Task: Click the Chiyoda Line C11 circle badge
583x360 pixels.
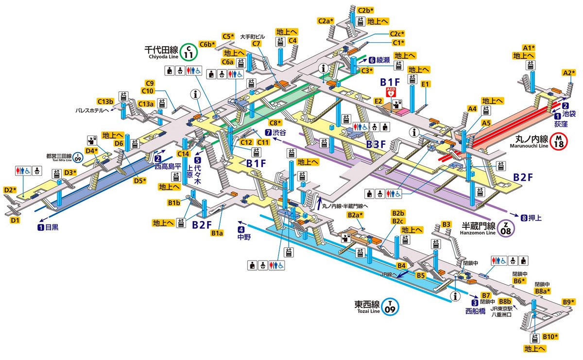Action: pyautogui.click(x=187, y=51)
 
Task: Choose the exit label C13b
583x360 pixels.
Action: pyautogui.click(x=105, y=102)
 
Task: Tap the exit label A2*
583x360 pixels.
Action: pyautogui.click(x=569, y=73)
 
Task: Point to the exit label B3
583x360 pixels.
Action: pyautogui.click(x=446, y=224)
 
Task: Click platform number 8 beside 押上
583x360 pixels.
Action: pyautogui.click(x=523, y=217)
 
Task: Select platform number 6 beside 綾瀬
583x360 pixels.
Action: pyautogui.click(x=372, y=60)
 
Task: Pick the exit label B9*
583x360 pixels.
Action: pyautogui.click(x=569, y=301)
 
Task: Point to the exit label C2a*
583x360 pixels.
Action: pyautogui.click(x=326, y=21)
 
